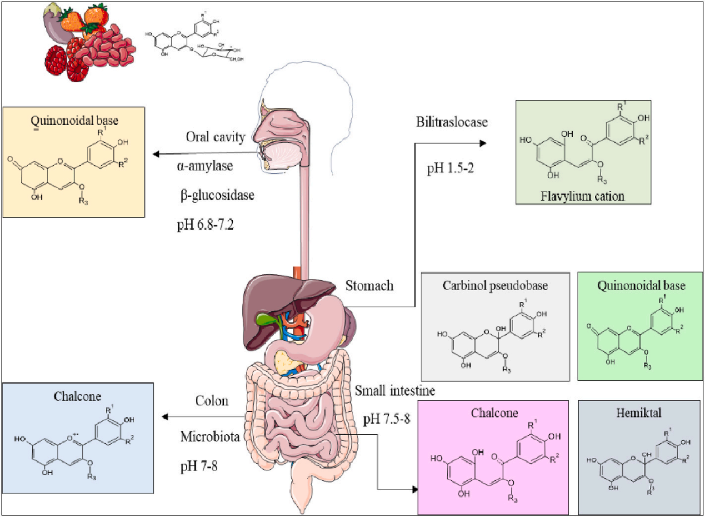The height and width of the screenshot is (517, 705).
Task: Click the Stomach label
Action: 369,286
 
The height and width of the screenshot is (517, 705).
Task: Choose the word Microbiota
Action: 208,438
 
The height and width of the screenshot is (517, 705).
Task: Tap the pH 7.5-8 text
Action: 386,419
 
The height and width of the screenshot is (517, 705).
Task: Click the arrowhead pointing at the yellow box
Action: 157,155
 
